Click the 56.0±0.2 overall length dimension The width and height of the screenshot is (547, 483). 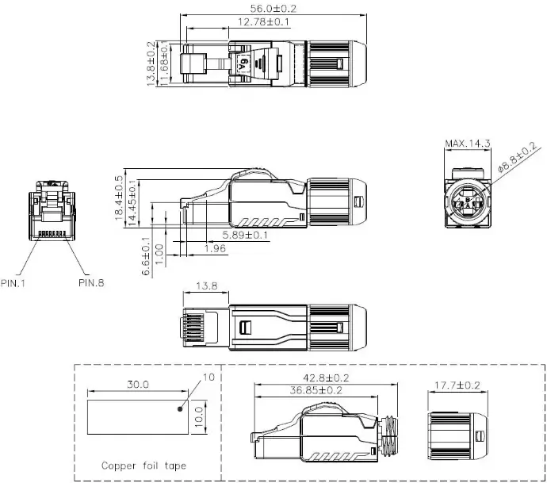point(273,9)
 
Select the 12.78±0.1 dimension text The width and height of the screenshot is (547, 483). point(263,22)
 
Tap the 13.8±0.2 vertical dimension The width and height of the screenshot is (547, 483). point(151,63)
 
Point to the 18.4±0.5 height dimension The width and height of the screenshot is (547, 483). point(119,197)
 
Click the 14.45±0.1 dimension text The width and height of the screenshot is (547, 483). point(132,203)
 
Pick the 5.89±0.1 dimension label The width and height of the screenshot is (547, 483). point(245,235)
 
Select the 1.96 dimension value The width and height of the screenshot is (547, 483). point(215,248)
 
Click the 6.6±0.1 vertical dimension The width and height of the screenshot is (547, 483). point(146,256)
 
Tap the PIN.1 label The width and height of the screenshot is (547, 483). point(13,283)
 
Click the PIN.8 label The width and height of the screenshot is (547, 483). point(91,282)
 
